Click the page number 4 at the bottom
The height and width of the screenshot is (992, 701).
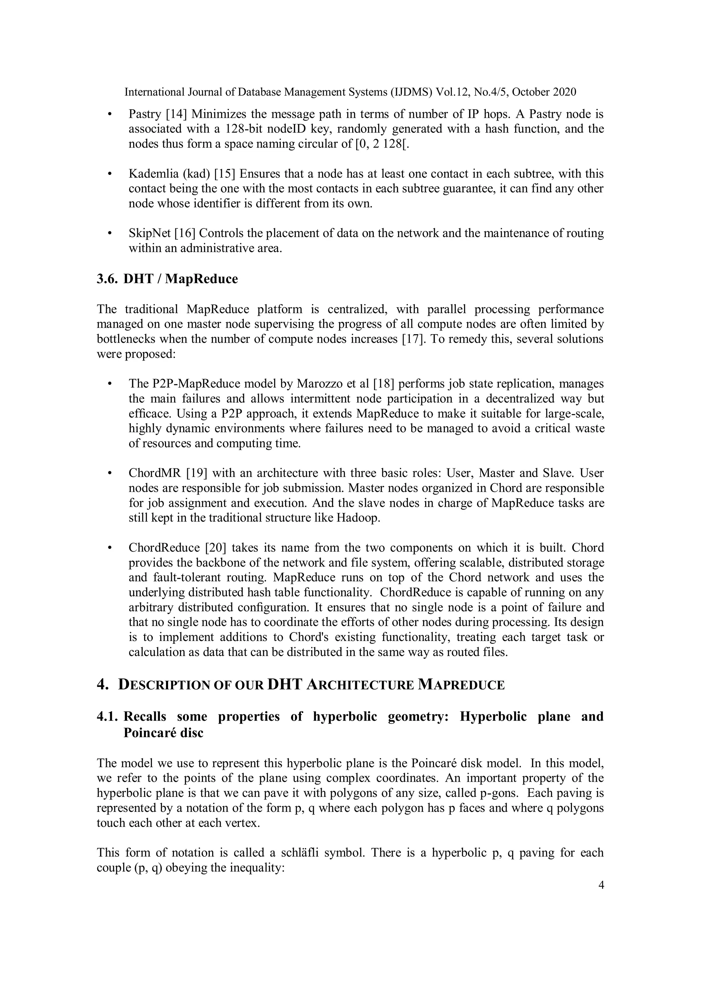(x=601, y=885)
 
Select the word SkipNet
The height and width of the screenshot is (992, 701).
(x=150, y=233)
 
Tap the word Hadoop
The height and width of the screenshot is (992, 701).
(x=358, y=518)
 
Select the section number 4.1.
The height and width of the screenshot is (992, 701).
(x=107, y=717)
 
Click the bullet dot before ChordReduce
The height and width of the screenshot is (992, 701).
(x=110, y=548)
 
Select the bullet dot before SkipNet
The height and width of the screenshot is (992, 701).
(x=110, y=233)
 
